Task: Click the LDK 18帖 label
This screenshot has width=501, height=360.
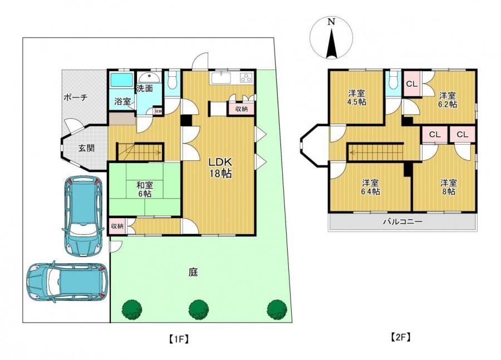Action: click(220, 167)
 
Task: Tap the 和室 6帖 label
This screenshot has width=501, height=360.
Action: click(145, 189)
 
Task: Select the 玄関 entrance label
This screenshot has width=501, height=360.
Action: click(86, 148)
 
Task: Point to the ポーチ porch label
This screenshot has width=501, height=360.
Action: click(75, 97)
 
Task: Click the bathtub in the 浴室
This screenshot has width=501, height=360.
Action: click(121, 80)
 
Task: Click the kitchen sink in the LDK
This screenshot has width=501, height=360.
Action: click(220, 78)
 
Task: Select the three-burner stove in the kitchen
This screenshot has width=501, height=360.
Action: click(246, 77)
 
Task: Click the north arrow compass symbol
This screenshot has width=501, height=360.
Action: click(332, 38)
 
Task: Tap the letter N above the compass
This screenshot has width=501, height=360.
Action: click(331, 22)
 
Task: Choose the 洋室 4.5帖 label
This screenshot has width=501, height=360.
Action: click(357, 98)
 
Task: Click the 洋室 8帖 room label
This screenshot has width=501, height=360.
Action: click(449, 187)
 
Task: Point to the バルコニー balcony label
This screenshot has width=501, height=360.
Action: click(402, 221)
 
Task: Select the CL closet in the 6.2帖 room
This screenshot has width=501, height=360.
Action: click(412, 84)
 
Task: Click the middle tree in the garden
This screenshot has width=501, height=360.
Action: click(198, 309)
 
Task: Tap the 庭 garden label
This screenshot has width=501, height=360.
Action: click(193, 272)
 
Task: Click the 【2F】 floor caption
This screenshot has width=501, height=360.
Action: click(400, 337)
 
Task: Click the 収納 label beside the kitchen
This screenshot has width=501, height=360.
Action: click(242, 109)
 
